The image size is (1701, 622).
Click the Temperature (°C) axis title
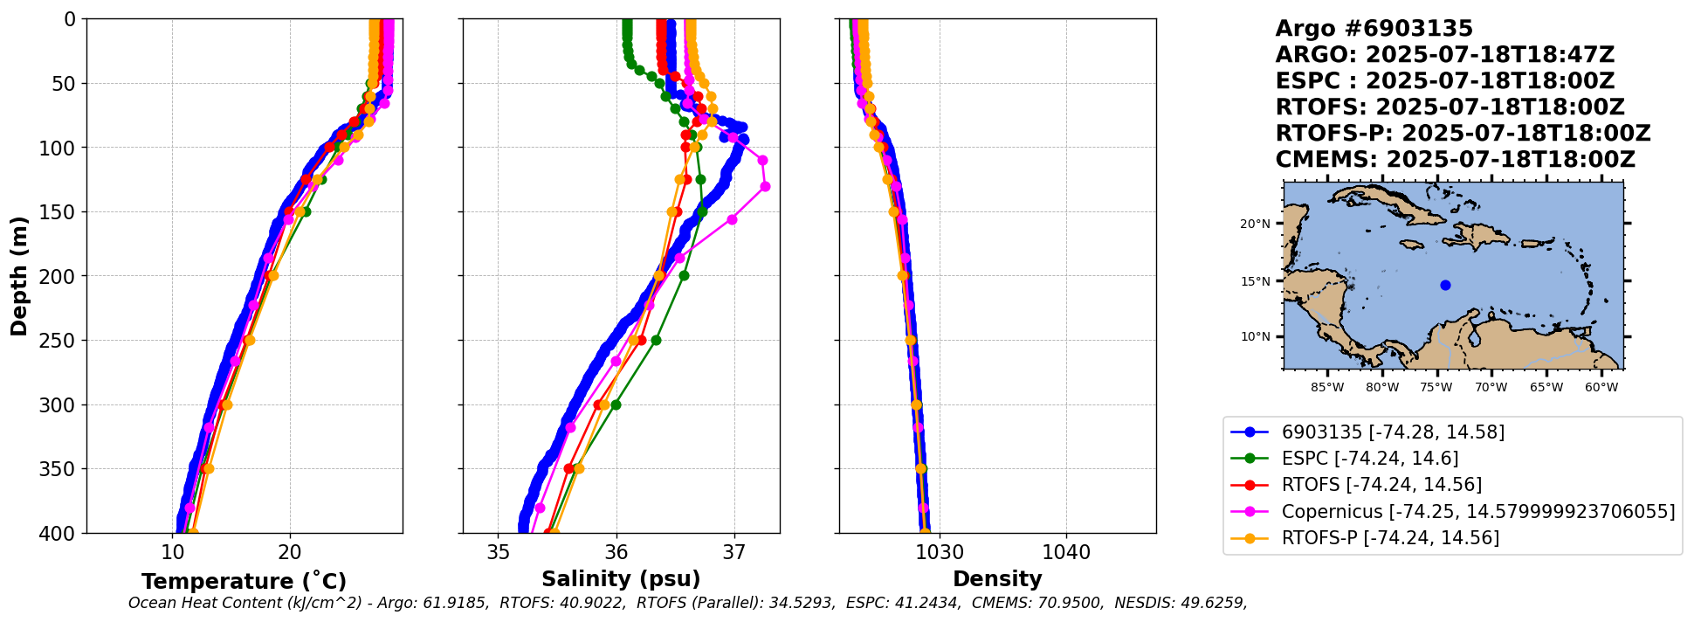coord(244,581)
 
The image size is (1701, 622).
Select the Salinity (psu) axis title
coord(621,579)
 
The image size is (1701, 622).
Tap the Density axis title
coord(997,579)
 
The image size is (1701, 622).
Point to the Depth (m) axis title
coord(18,275)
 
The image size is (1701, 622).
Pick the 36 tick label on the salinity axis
coord(616,553)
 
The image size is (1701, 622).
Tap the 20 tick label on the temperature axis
coord(290,553)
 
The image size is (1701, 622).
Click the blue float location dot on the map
coord(1445,285)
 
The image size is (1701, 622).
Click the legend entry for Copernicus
coord(1477,511)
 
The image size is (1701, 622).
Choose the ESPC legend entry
coord(1369,459)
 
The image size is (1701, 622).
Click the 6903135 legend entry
coord(1393,432)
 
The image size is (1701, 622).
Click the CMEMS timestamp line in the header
coord(1455,160)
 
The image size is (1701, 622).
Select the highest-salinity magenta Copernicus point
coord(765,186)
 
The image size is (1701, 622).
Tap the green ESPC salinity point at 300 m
coord(616,404)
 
